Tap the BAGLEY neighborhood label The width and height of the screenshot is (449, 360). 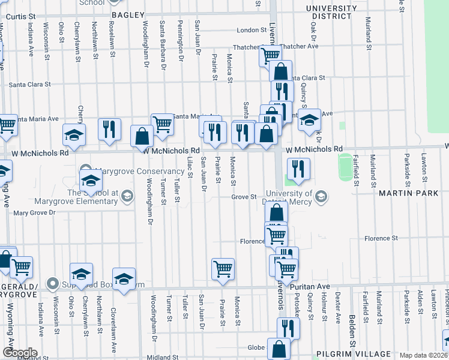point(128,14)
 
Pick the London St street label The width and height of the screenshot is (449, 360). point(251,30)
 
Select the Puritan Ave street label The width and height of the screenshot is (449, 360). point(310,286)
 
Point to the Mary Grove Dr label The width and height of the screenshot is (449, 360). point(34,212)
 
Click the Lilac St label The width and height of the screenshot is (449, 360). point(190,167)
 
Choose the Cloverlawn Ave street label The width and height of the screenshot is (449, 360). point(113,329)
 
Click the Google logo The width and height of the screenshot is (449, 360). point(19,353)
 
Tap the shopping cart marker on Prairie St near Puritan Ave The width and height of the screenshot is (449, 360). point(223,268)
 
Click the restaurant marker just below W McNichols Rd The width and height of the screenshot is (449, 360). point(298,169)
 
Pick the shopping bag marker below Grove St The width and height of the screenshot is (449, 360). point(276,213)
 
